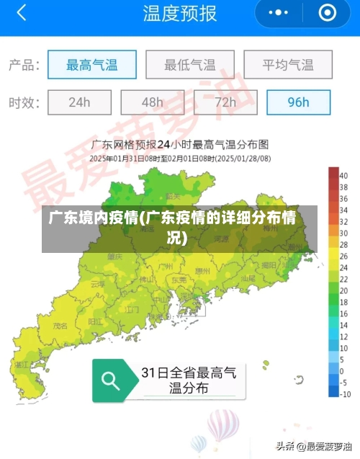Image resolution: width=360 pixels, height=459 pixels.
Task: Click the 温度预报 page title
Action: [x=179, y=14]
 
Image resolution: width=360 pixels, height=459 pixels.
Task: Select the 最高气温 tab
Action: [x=91, y=65]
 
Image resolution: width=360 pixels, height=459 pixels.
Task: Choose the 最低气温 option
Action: [x=189, y=65]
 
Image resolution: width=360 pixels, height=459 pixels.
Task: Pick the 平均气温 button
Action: [x=287, y=65]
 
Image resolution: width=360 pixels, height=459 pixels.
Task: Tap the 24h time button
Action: [x=79, y=102]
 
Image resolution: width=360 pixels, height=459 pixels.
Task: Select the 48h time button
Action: [x=152, y=102]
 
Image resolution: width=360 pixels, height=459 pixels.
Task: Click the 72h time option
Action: [x=225, y=102]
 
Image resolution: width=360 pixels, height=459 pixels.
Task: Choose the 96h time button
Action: [x=298, y=102]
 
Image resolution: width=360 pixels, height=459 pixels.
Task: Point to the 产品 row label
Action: [x=23, y=65]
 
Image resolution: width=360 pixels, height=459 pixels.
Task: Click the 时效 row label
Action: [x=23, y=102]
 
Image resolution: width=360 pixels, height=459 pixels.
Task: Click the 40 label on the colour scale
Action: [x=345, y=175]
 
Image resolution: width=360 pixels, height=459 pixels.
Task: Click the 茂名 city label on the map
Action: [x=61, y=326]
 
